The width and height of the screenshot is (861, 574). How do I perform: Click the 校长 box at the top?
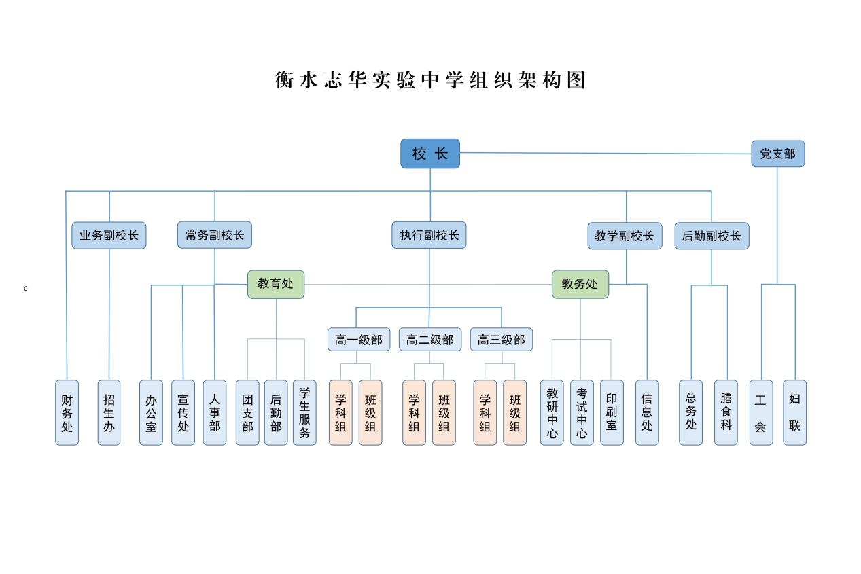429,154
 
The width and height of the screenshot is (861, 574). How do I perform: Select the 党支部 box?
777,154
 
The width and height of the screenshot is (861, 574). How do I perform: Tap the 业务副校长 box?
109,236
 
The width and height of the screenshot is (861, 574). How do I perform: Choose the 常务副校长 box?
215,235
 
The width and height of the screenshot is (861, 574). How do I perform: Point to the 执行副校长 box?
429,236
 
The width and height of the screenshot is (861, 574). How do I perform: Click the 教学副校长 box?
625,236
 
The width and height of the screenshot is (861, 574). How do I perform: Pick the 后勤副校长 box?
711,236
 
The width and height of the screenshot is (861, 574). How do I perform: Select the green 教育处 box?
276,284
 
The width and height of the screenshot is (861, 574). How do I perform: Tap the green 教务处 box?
580,284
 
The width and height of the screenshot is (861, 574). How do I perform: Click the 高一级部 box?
359,340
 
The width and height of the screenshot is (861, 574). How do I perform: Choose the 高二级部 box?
430,340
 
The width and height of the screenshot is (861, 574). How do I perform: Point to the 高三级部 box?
502,340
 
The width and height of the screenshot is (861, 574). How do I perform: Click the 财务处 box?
67,412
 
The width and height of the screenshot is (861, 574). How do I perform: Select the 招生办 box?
109,412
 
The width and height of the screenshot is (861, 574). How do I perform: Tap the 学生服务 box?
304,412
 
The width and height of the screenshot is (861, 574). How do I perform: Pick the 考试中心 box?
582,412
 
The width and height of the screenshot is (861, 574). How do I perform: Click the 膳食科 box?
726,412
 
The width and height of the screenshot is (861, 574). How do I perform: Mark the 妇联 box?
794,412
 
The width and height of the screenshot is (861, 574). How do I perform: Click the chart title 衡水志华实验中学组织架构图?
430,80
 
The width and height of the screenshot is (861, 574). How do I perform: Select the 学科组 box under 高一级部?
340,412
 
